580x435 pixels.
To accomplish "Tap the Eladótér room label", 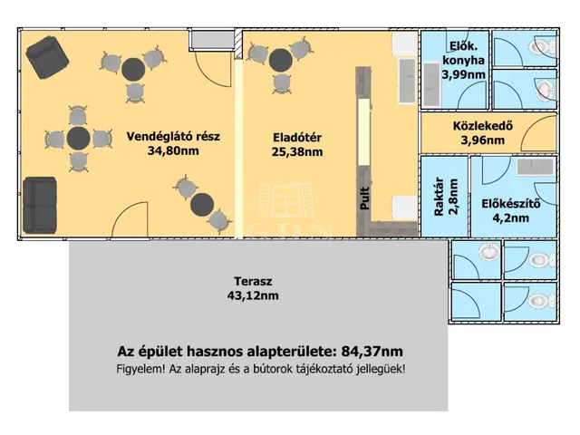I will point(298,138).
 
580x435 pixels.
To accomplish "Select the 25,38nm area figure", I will point(298,152).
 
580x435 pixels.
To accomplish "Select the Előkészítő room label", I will point(511,203).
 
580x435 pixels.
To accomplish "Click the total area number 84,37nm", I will point(370,352).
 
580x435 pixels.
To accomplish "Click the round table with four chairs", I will point(78,139).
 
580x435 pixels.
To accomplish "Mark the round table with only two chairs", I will point(201,202).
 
